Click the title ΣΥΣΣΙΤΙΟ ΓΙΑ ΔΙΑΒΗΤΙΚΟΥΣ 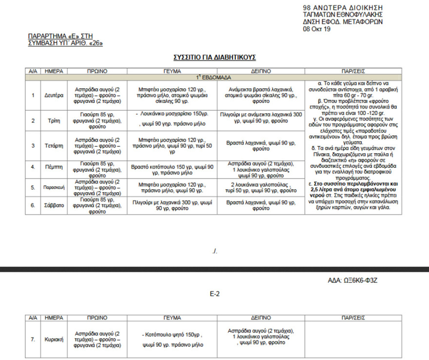coord(214,58)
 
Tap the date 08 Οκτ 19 coord(316,29)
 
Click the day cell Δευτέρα coord(54,96)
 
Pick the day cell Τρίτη coord(54,120)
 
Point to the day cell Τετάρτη coord(54,145)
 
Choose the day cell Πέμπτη coord(54,167)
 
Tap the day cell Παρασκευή coord(54,187)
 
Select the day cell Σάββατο coord(54,205)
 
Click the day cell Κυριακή coord(54,339)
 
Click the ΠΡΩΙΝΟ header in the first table coord(97,71)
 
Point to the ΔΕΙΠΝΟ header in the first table coord(261,71)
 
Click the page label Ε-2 coord(214,294)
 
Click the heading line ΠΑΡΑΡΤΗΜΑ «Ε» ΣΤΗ coord(60,36)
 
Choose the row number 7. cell coord(33,339)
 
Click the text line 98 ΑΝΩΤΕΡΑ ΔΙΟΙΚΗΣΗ coord(343,8)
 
